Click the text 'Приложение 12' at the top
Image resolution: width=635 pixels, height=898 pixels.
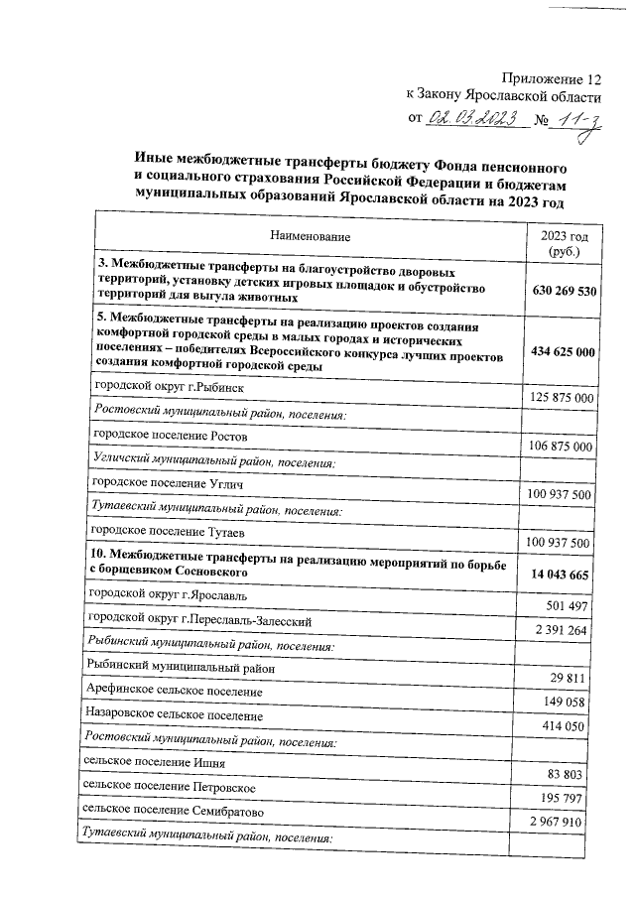[552, 76]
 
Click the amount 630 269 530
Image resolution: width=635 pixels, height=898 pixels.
[563, 291]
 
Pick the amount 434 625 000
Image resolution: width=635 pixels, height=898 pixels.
[563, 352]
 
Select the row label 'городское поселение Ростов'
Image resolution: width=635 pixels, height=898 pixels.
[170, 436]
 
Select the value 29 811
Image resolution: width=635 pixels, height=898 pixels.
[578, 677]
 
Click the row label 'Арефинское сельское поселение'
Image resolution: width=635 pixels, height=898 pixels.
[176, 691]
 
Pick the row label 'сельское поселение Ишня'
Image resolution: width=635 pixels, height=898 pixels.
[156, 764]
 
